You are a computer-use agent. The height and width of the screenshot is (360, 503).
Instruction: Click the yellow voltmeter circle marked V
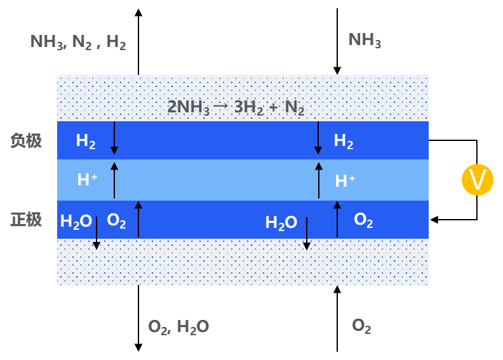(478, 180)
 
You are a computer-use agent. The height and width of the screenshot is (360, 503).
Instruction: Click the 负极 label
(26, 140)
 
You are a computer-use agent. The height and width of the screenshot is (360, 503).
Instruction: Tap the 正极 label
(26, 220)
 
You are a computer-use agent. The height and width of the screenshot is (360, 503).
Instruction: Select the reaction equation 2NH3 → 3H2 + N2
(236, 107)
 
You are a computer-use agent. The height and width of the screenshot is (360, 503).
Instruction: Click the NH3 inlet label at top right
(365, 41)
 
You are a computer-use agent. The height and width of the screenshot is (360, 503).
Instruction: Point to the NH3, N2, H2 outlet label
(78, 42)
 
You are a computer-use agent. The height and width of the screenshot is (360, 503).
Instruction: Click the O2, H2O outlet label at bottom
(178, 327)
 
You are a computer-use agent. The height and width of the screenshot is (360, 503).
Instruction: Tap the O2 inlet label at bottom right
(361, 326)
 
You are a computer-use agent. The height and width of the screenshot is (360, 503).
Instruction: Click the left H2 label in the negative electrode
(86, 141)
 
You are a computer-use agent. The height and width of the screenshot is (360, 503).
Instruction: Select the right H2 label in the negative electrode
(344, 141)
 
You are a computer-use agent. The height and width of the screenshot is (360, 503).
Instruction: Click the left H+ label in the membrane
(87, 180)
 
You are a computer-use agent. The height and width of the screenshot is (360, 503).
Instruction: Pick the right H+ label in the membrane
(345, 181)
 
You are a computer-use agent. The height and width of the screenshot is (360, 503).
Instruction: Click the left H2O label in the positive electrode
(76, 222)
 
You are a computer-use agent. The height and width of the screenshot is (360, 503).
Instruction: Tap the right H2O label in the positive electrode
(281, 223)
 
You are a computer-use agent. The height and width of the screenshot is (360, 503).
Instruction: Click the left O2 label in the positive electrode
(116, 221)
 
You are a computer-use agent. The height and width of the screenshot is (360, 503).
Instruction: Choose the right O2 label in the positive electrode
(363, 220)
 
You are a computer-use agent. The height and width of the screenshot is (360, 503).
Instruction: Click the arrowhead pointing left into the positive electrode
(434, 220)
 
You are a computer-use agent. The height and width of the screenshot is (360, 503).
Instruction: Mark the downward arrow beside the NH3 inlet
(337, 41)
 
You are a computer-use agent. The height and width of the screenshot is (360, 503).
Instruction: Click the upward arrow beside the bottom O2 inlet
(337, 319)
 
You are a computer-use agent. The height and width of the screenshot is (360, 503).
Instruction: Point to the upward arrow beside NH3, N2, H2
(138, 42)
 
